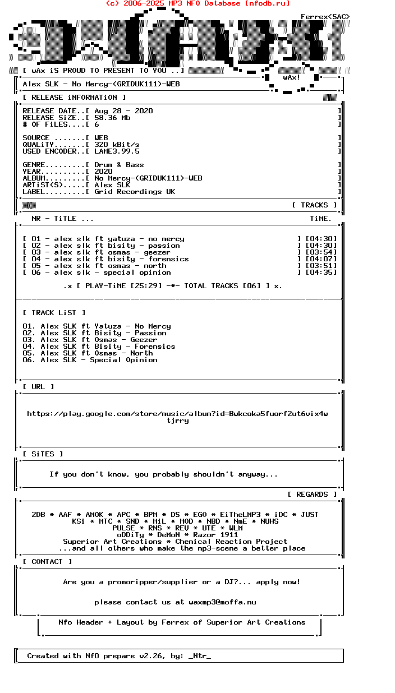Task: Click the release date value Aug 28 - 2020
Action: (123, 111)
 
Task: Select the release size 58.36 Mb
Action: (112, 118)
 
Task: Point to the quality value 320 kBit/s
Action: (117, 145)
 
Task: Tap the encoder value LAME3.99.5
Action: (117, 151)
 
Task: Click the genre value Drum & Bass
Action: (119, 165)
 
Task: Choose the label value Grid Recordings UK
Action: (135, 192)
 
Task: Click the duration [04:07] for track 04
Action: (321, 259)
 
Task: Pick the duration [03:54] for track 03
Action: (321, 252)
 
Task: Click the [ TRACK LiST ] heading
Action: (54, 313)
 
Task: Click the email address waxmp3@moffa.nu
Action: (222, 602)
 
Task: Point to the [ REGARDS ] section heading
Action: (312, 495)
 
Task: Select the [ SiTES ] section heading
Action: (43, 454)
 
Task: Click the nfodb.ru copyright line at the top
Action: (197, 3)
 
